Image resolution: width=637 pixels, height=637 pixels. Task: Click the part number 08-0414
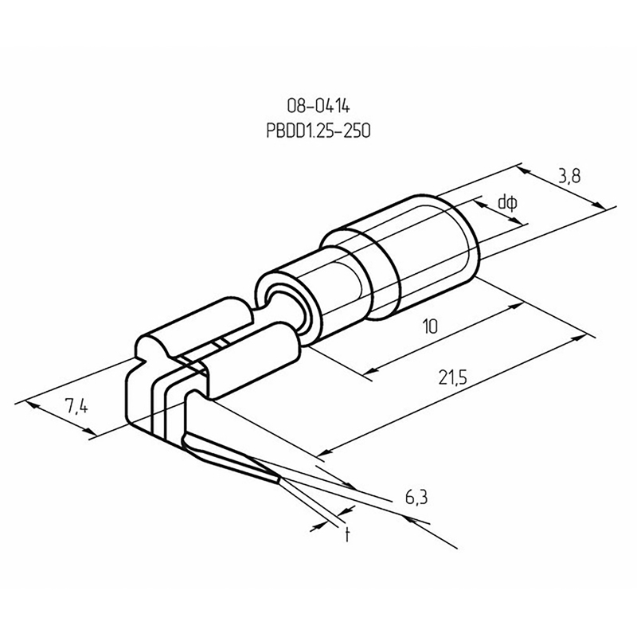coord(318,107)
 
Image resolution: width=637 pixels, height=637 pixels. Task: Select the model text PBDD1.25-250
coord(318,131)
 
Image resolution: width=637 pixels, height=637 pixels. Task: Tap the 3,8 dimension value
coord(569,176)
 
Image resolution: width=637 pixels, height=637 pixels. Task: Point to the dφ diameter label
coord(508,203)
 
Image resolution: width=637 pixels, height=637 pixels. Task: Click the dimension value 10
coord(430,326)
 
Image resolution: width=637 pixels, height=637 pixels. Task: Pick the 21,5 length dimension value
coord(453,377)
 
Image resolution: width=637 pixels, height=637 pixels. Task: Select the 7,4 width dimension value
coord(76,406)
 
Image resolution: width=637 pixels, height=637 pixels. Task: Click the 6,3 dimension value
coord(416,497)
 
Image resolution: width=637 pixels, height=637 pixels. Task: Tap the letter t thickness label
coord(347,534)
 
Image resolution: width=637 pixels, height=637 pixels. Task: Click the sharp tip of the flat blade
coord(279,481)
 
